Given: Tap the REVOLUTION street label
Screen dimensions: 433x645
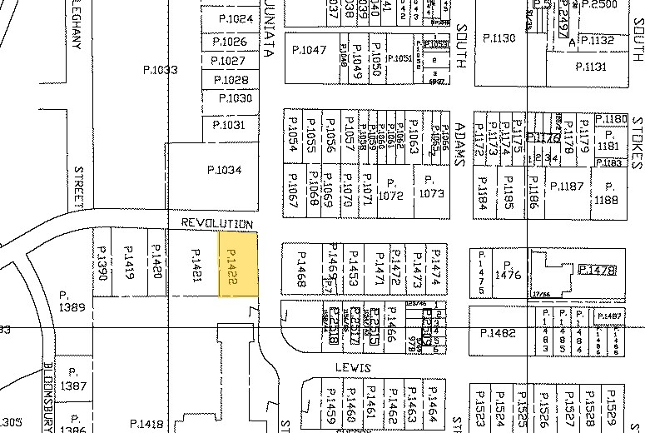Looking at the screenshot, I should pos(217,224).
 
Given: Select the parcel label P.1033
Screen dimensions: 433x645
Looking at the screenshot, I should pos(160,71).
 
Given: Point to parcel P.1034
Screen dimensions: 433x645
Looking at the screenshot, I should pos(224,170).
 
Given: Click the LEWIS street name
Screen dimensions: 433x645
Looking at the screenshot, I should pos(353,366).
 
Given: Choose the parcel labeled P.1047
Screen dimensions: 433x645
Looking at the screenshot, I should pos(310,51).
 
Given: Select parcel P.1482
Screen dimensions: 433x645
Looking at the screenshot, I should pos(499,333).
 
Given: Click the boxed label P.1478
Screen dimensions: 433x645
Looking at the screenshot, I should pos(596,270).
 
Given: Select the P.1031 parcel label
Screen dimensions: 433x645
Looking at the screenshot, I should pos(228,125).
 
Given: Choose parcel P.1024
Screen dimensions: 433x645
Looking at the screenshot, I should pos(235,18).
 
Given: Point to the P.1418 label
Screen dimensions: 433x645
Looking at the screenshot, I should pos(146,424).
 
